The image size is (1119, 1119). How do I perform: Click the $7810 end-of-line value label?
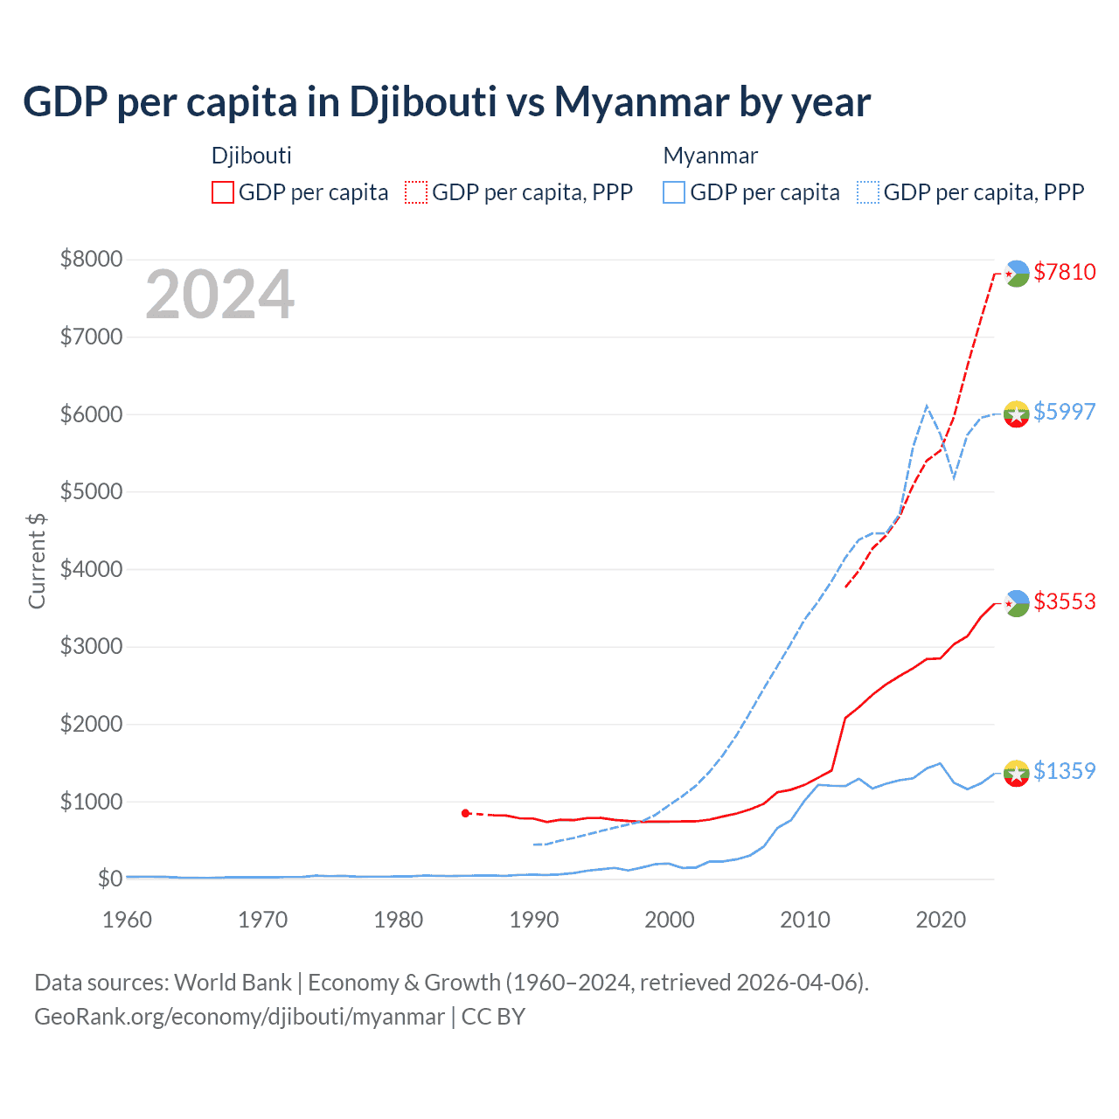pyautogui.click(x=1064, y=272)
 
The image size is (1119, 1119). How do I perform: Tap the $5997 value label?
pyautogui.click(x=1064, y=412)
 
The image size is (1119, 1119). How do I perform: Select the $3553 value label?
pyautogui.click(x=1064, y=601)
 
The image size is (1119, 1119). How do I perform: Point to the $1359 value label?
pyautogui.click(x=1064, y=771)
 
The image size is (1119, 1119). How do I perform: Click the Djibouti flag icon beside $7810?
pyautogui.click(x=1017, y=274)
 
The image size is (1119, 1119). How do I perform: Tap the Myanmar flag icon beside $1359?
pyautogui.click(x=1017, y=773)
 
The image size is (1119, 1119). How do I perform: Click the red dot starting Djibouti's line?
pyautogui.click(x=466, y=813)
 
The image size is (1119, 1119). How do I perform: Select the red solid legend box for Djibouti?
pyautogui.click(x=223, y=192)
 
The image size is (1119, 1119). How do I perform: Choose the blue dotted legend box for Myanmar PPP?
pyautogui.click(x=868, y=192)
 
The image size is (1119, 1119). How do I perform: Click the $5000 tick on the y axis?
pyautogui.click(x=91, y=491)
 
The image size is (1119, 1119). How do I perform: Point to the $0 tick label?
pyautogui.click(x=109, y=879)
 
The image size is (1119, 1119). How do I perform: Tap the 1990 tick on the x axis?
pyautogui.click(x=534, y=920)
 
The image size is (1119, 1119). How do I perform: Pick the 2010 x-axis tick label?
pyautogui.click(x=805, y=920)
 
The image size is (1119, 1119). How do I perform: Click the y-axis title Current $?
pyautogui.click(x=37, y=560)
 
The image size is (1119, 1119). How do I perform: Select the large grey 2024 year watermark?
pyautogui.click(x=219, y=295)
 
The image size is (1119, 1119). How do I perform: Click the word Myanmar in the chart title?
pyautogui.click(x=641, y=101)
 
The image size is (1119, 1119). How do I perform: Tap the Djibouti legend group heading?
pyautogui.click(x=252, y=156)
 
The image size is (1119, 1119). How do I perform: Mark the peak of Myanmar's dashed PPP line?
pyautogui.click(x=927, y=406)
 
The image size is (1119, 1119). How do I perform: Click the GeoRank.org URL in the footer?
pyautogui.click(x=240, y=1017)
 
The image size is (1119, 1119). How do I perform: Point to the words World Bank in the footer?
pyautogui.click(x=233, y=983)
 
